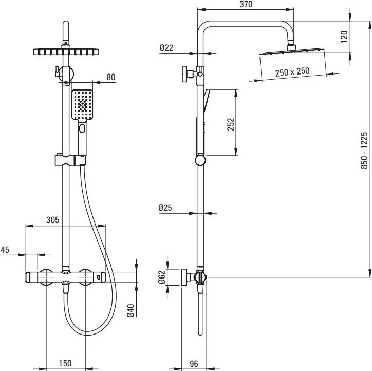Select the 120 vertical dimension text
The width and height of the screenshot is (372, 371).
344,36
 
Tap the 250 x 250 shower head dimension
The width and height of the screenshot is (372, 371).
292,71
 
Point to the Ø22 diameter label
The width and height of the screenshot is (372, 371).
166,48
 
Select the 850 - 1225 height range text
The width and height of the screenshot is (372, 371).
365,150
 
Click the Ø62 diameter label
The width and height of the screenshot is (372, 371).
161,278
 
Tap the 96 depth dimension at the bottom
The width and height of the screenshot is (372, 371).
193,364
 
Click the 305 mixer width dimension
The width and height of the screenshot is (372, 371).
52,219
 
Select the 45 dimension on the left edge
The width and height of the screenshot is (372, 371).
5,250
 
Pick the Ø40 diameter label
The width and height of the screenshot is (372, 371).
131,310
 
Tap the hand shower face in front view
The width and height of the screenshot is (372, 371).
82,105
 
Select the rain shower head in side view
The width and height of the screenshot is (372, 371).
292,52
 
